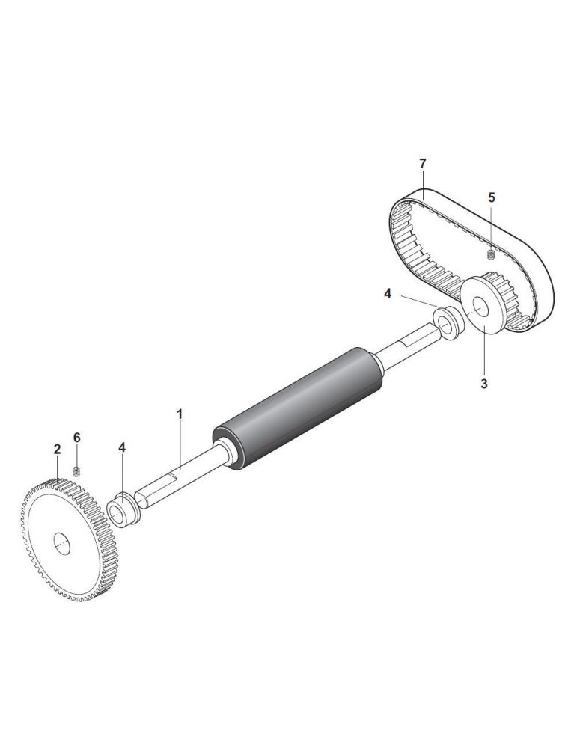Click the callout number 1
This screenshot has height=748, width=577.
tap(180, 414)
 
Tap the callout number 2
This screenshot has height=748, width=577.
tap(58, 449)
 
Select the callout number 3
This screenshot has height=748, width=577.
tap(484, 384)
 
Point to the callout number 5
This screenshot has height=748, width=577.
tap(492, 197)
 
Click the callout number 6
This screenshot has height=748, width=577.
tap(77, 438)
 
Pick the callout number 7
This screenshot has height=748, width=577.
tap(422, 164)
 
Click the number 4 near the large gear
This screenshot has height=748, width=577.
tap(122, 447)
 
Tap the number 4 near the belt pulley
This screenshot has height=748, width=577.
tap(388, 294)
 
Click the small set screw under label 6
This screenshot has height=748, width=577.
tap(76, 472)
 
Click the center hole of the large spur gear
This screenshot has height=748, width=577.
tap(61, 544)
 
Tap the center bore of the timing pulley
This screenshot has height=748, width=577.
tap(480, 307)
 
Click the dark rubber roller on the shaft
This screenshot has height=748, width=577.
tap(298, 408)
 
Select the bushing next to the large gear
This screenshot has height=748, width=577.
tap(123, 509)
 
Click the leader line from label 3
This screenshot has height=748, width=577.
tap(484, 351)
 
